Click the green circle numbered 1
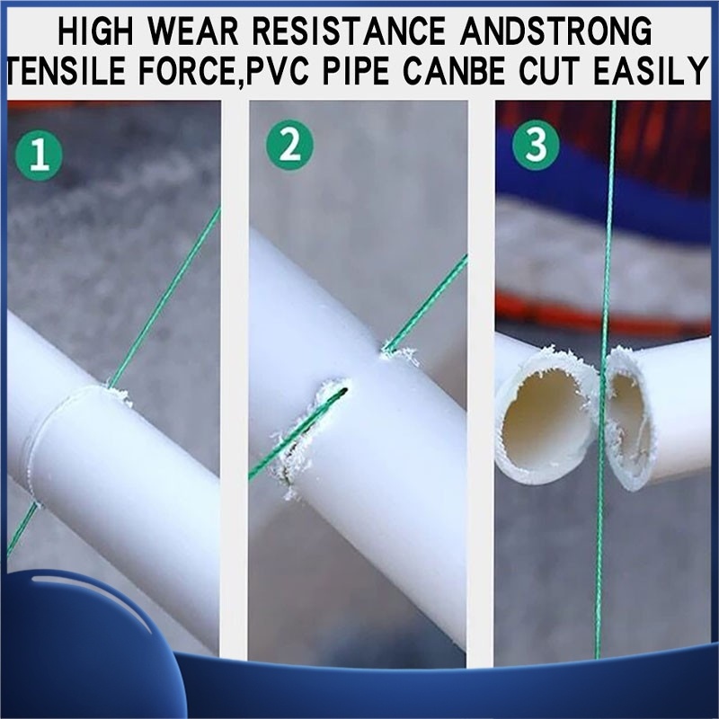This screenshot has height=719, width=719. (x=39, y=156)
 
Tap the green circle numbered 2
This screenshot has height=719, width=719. (x=289, y=146)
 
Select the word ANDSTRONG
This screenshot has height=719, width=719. (x=555, y=31)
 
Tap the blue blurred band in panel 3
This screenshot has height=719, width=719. (x=605, y=183)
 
